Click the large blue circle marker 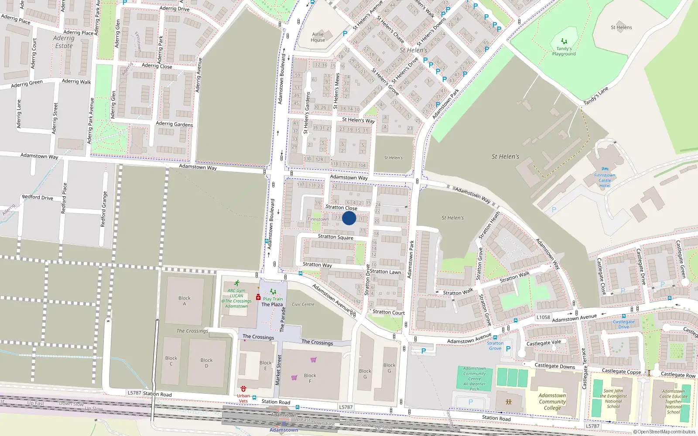coord(349,218)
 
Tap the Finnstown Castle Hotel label coord(605,180)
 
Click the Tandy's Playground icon coord(564,41)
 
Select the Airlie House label coord(318,37)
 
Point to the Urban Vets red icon coord(243,388)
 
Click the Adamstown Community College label coord(552,402)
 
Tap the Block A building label coord(185,301)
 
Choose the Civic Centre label coord(303,304)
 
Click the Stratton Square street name coord(335,237)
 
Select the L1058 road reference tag coord(543,317)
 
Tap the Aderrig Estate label coord(64,42)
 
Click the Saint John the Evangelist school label coord(613,399)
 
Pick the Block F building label coord(310,378)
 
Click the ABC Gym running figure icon coord(236,283)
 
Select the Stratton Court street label coord(388,312)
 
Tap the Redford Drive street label coord(38,198)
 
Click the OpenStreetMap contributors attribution coord(664,432)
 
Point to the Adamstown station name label coord(284,430)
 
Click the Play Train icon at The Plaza coord(273,292)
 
